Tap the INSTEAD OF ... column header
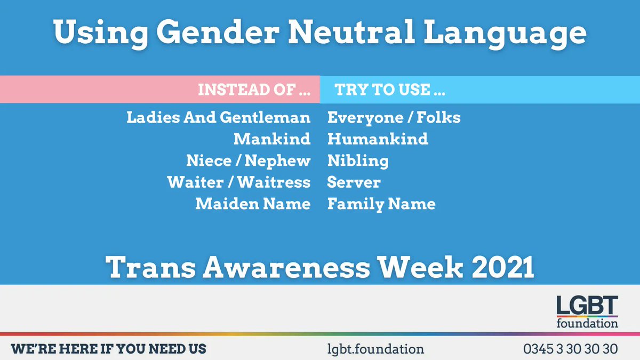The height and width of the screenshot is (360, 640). point(254,90)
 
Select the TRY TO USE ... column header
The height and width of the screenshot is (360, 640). point(390,90)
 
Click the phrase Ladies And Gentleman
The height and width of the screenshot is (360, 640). point(218,117)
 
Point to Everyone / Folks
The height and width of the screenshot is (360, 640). point(394,117)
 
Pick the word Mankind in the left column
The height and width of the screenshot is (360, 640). point(271,139)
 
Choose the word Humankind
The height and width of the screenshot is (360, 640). point(378,139)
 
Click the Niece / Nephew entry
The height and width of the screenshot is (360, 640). point(248,161)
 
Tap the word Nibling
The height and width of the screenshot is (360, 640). point(358,161)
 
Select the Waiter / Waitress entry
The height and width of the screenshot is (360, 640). point(238,182)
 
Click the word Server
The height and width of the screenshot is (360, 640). point(354,182)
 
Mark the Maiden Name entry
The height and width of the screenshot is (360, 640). point(253,204)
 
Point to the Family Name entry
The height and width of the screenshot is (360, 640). point(381,204)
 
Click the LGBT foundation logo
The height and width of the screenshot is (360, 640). point(587,313)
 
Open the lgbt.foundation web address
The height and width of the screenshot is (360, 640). point(375,349)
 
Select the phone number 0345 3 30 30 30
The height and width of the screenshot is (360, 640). point(570,349)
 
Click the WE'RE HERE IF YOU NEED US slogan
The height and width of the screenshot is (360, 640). point(109,349)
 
